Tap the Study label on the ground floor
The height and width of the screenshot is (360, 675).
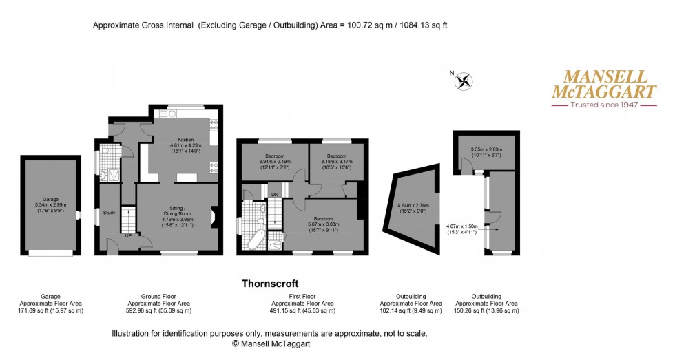coord(108,212)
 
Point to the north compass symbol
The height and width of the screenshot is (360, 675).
coord(462,81)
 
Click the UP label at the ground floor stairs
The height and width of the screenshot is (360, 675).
coord(128,236)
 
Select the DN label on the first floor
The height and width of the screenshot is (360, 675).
coord(274,195)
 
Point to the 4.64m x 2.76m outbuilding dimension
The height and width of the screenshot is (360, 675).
coord(413,205)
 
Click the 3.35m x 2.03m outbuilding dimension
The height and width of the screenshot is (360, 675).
coord(486,149)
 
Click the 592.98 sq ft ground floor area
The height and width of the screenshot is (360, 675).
coord(150,310)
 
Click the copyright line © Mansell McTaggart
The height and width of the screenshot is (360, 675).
coord(269,342)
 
